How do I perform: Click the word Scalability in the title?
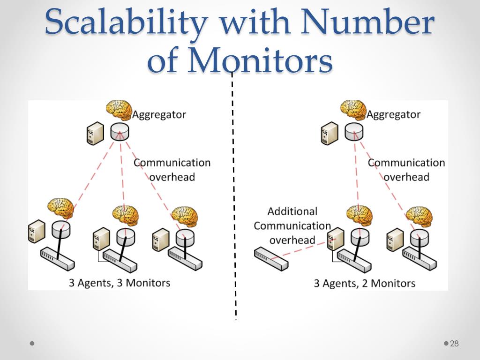tap(126, 22)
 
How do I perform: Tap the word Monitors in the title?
tap(260, 61)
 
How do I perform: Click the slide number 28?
tap(454, 344)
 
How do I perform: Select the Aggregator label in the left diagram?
tap(159, 114)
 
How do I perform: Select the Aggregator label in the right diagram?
tap(393, 114)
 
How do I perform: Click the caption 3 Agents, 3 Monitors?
tap(120, 283)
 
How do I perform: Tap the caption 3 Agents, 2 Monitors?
tap(364, 283)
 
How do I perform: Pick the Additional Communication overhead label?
tap(292, 225)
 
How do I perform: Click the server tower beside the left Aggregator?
tap(95, 134)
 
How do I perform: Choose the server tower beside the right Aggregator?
tap(330, 134)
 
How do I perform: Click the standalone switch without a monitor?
tap(271, 259)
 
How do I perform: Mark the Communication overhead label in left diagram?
tap(172, 169)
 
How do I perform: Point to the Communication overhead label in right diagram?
tap(406, 169)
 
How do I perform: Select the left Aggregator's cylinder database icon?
tap(120, 133)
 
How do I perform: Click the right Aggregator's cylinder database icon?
tap(354, 133)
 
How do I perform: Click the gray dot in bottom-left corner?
tap(32, 344)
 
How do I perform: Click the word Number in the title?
tap(368, 22)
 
